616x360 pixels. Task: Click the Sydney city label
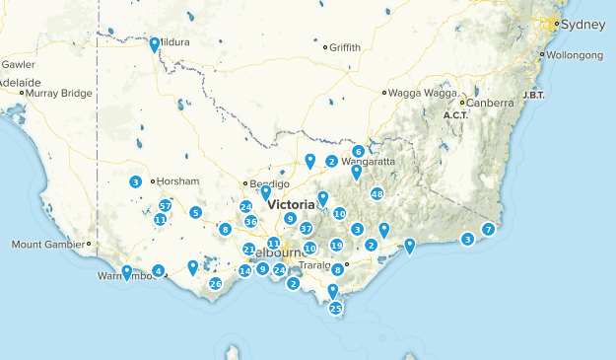577,24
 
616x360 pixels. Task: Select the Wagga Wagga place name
417,93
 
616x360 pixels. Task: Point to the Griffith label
345,47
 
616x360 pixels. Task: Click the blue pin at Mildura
155,44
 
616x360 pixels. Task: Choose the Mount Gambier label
47,244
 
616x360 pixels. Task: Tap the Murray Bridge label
59,94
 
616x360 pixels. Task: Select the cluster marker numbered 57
165,205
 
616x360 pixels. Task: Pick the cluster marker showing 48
376,194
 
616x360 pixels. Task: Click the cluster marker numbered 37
306,228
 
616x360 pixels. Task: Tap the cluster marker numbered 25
335,309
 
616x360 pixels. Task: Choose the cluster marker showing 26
215,284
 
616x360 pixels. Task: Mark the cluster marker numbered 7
488,230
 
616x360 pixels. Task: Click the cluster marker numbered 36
250,222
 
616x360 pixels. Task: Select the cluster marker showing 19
336,246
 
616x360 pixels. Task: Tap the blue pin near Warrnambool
126,271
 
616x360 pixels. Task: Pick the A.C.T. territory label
455,115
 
